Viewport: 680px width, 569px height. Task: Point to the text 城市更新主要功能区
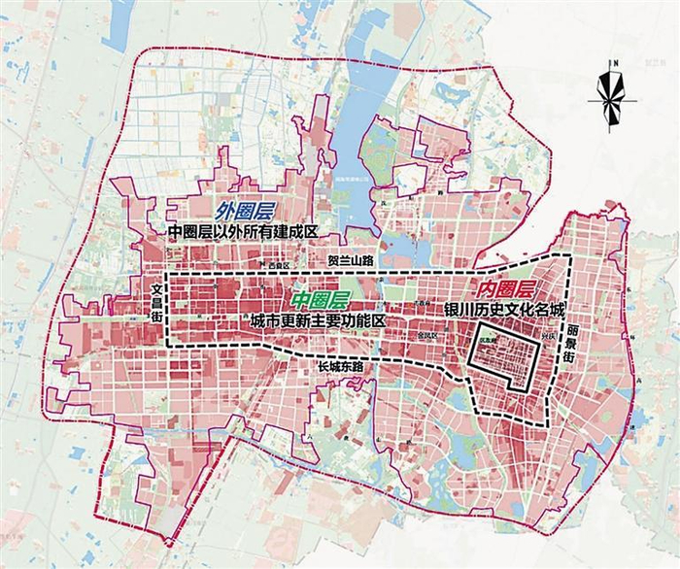[x=318, y=319]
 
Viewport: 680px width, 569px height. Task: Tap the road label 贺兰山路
[x=350, y=261]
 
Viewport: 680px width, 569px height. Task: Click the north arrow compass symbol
[x=610, y=92]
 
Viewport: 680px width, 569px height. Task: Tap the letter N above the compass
[x=610, y=63]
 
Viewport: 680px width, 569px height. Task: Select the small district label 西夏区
[x=279, y=265]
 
